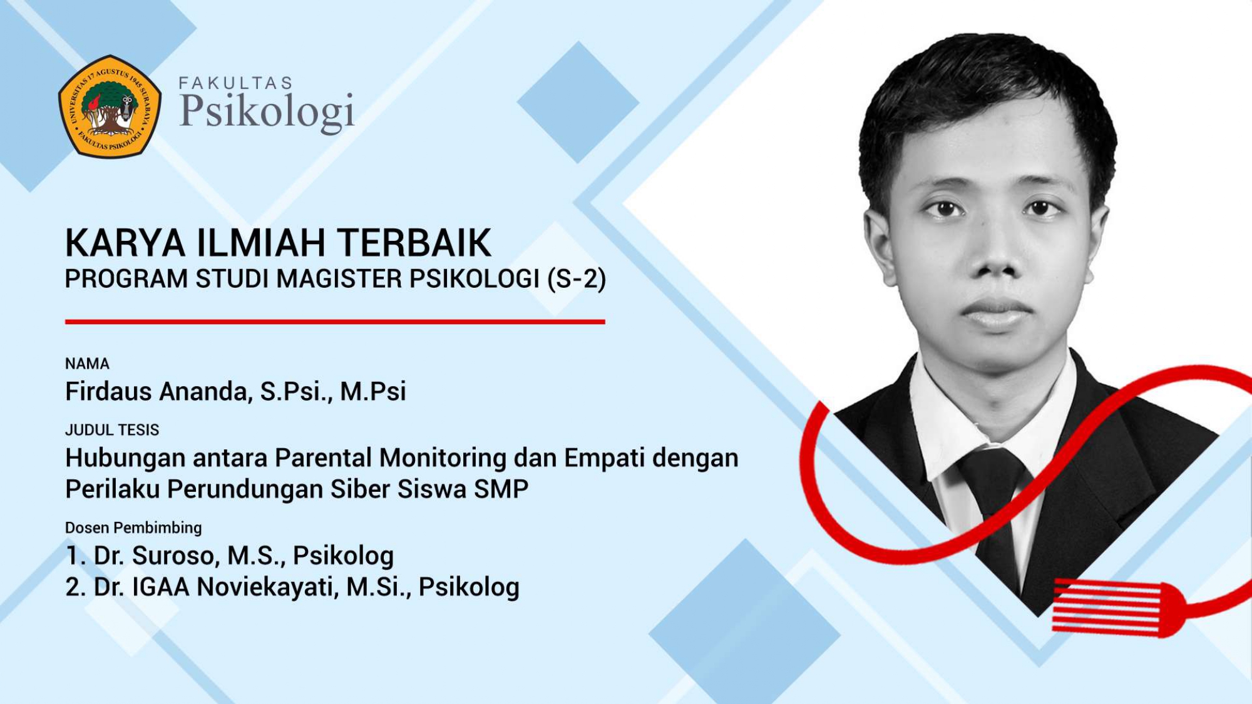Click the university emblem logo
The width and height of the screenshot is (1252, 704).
point(110,106)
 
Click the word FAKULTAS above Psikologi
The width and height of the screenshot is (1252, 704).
point(236,83)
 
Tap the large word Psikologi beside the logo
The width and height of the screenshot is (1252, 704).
point(267,112)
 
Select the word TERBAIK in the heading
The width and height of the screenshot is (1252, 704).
point(414,243)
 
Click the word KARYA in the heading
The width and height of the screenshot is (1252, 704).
point(125,243)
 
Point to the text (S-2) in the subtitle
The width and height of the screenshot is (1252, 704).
point(577,279)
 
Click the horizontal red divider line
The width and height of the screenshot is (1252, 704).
point(335,322)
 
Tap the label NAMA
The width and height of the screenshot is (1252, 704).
point(87,364)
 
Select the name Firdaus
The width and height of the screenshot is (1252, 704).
point(108,391)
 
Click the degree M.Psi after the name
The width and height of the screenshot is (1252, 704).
point(372,391)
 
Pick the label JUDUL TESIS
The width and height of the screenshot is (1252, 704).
point(112,430)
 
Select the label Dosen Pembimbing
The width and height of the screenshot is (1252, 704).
point(133,528)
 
